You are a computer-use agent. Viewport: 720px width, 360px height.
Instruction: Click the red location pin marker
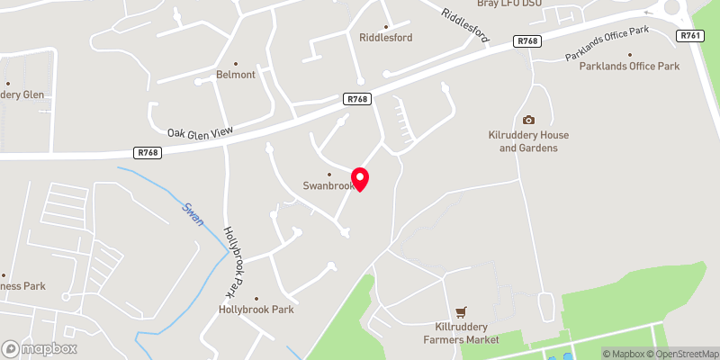[360, 177]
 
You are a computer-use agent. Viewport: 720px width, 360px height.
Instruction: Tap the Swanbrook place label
[328, 185]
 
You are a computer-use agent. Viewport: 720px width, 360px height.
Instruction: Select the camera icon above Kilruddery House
[528, 121]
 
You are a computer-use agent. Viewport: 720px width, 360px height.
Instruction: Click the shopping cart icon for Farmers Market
[463, 311]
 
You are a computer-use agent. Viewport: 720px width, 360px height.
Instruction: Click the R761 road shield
[691, 35]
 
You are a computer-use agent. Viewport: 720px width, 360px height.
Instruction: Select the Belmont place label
[236, 75]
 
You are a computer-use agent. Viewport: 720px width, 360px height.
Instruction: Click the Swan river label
[193, 214]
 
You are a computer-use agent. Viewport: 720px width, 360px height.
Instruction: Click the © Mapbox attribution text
[622, 354]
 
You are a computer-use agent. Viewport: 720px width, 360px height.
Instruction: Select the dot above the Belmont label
[236, 63]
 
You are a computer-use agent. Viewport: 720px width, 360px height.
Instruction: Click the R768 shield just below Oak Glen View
[148, 153]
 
